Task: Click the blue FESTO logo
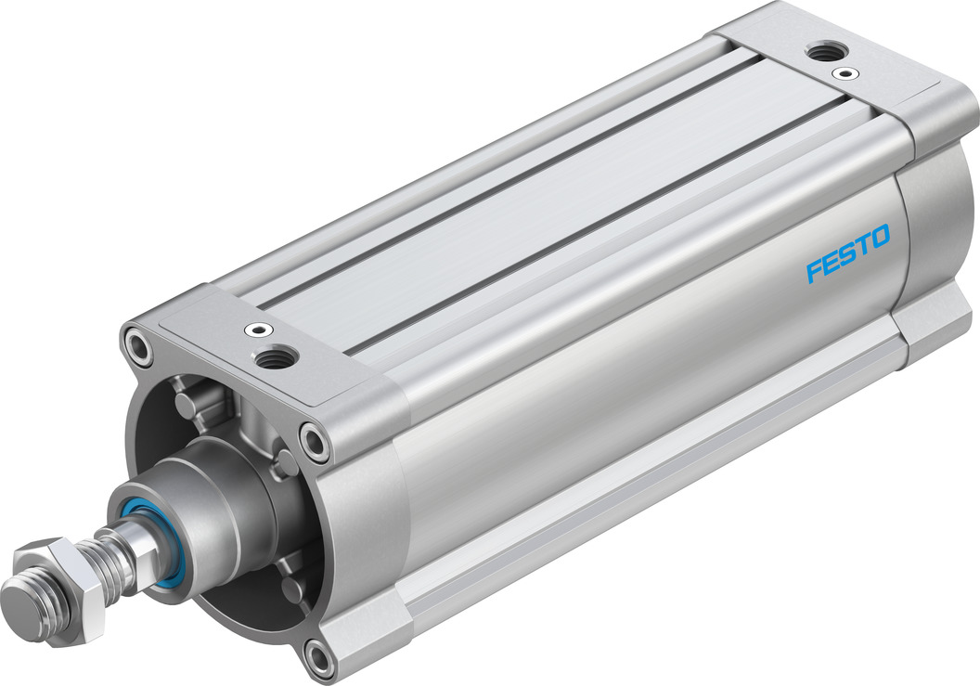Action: click(847, 252)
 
